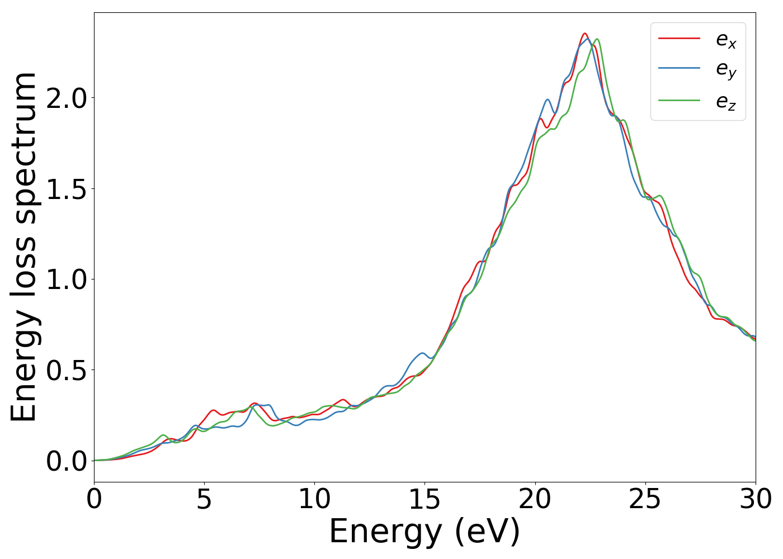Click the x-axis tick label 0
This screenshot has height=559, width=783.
94,499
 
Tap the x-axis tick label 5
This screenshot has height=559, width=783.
204,499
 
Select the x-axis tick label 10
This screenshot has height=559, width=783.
314,499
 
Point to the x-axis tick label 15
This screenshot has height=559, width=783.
424,499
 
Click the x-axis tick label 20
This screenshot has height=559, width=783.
535,499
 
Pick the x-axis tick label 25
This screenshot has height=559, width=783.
645,499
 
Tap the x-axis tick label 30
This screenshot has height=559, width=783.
756,499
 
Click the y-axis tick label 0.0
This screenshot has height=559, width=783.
67,461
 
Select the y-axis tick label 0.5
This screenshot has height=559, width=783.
67,370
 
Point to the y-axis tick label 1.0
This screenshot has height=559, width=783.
67,279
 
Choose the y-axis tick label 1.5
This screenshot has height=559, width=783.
67,189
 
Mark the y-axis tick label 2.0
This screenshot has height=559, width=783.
67,98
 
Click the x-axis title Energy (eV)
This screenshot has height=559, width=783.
424,532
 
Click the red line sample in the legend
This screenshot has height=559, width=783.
679,38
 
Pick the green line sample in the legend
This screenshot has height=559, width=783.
679,100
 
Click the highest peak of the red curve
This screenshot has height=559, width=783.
585,34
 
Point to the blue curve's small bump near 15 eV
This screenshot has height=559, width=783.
422,353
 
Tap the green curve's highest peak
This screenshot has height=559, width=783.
597,39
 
